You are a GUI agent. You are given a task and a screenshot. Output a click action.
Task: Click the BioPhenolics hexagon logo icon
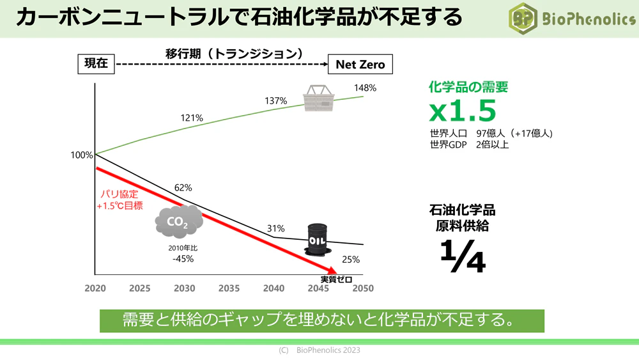pyautogui.click(x=522, y=19)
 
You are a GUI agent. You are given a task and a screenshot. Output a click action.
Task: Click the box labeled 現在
pyautogui.click(x=96, y=64)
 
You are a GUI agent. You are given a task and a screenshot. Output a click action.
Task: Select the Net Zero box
pyautogui.click(x=360, y=64)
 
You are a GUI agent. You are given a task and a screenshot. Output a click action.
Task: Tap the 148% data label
pyautogui.click(x=365, y=88)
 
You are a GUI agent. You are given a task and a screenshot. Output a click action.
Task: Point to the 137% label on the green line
pyautogui.click(x=276, y=101)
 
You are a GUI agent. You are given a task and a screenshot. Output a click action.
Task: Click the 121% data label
pyautogui.click(x=192, y=118)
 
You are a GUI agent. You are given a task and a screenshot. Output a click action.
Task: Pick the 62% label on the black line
pyautogui.click(x=183, y=188)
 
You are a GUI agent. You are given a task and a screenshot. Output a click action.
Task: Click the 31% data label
pyautogui.click(x=276, y=228)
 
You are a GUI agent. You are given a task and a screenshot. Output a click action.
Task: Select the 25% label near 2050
pyautogui.click(x=351, y=260)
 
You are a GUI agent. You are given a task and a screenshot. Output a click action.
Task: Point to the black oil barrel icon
pyautogui.click(x=318, y=239)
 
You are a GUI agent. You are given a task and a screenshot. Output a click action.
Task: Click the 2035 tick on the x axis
pyautogui.click(x=229, y=288)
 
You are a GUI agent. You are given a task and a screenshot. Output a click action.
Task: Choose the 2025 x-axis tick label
pyautogui.click(x=140, y=288)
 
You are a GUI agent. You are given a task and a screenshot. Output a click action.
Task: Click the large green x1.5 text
pyautogui.click(x=463, y=111)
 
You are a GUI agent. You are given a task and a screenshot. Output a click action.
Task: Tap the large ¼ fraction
pyautogui.click(x=463, y=257)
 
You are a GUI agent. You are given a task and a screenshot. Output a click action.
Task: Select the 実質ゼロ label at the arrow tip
pyautogui.click(x=336, y=279)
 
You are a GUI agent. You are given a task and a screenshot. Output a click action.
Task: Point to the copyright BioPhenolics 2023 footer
pyautogui.click(x=319, y=350)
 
